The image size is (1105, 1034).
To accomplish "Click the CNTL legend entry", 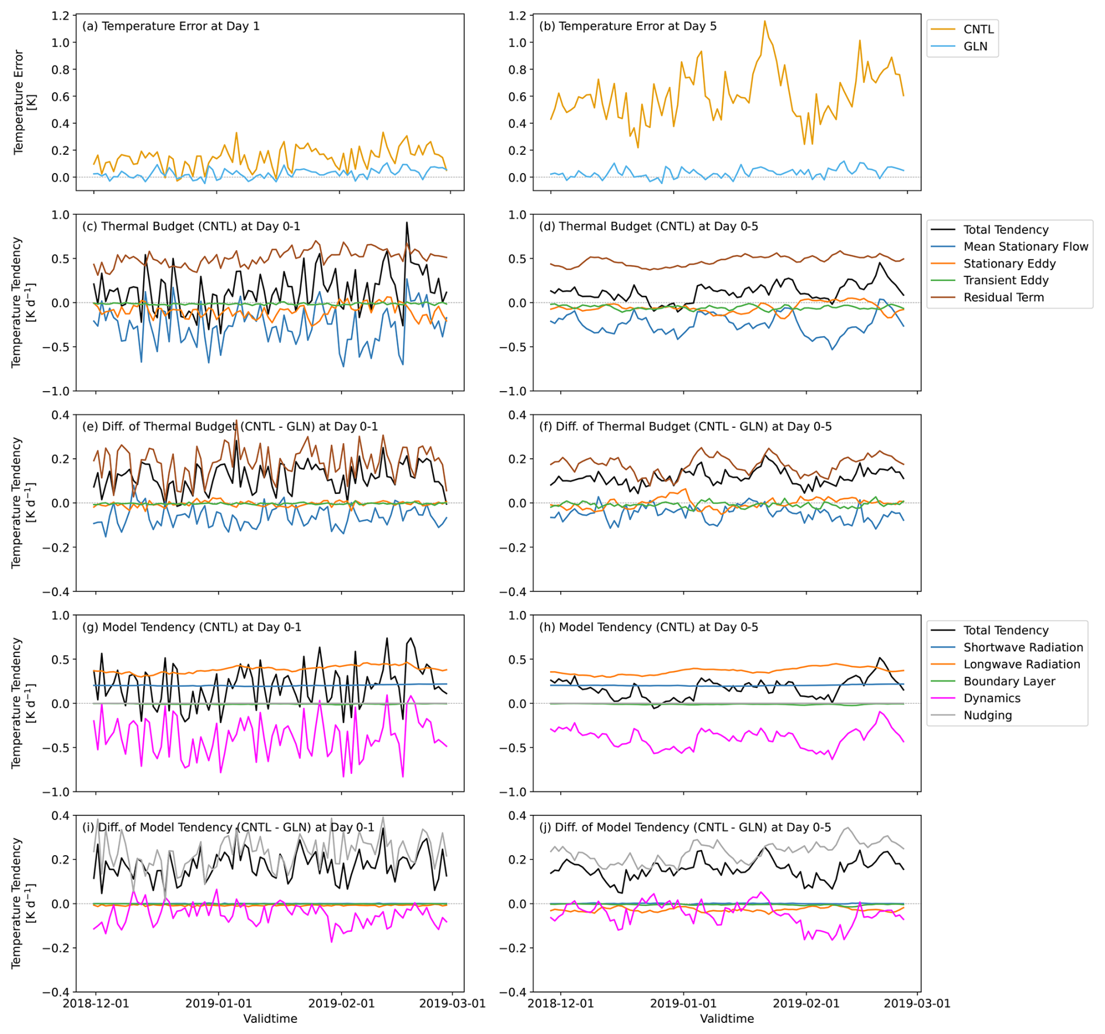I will (978, 29).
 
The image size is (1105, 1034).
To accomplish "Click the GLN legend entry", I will (975, 46).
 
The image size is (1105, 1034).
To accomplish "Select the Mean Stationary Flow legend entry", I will (1025, 247).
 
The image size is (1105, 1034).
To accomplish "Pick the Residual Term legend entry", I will (1003, 298).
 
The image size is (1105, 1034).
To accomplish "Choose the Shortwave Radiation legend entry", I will (1023, 647).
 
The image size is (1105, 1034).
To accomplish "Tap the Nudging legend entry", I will (987, 715).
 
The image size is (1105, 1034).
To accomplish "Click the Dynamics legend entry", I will (991, 698).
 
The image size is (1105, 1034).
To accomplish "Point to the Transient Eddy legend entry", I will (1005, 281).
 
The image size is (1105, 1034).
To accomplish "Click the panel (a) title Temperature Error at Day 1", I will (171, 26).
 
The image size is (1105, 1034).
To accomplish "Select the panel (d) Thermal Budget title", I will (648, 227).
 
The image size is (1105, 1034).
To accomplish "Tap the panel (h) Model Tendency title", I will (648, 627).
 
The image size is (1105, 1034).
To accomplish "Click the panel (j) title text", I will (684, 828).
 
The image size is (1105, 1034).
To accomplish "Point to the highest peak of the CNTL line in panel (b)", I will (765, 22).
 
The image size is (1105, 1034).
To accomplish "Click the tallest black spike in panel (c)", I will (407, 223).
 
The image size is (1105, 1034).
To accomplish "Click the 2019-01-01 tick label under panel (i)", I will (218, 1003).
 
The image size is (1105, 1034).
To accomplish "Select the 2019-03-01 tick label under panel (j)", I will (917, 1003).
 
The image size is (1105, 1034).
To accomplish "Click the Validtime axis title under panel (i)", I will (270, 1019).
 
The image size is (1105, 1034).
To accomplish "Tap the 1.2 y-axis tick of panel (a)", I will (60, 16).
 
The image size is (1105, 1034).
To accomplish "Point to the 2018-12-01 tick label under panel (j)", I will (561, 1003).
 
